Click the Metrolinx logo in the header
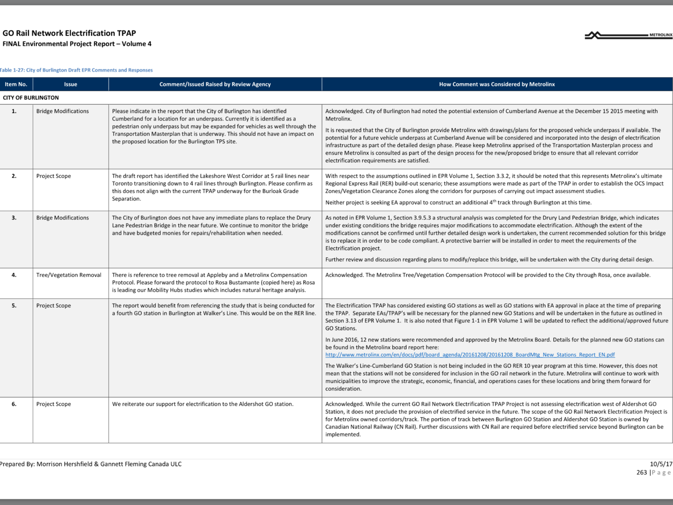click(x=628, y=35)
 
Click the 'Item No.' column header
click(x=16, y=84)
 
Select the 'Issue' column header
click(x=70, y=84)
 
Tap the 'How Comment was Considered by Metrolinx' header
click(x=497, y=84)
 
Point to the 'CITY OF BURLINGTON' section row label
click(x=31, y=98)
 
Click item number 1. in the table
click(x=14, y=112)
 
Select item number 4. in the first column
click(x=14, y=275)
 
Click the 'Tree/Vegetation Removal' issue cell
click(x=69, y=275)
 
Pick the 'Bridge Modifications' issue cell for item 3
click(x=63, y=218)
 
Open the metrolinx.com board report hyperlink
click(x=470, y=355)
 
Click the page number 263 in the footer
click(x=641, y=472)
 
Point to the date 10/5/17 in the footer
click(x=661, y=464)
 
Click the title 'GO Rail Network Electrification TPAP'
click(x=69, y=33)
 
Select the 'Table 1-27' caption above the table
click(x=76, y=70)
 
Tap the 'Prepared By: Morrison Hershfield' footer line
click(x=91, y=464)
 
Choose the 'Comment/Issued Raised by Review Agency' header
click(x=215, y=84)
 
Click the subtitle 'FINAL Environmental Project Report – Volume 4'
click(x=77, y=44)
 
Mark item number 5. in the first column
click(x=14, y=306)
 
